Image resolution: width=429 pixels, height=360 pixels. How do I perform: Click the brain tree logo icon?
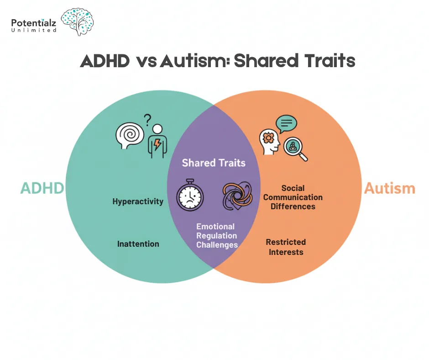point(77,21)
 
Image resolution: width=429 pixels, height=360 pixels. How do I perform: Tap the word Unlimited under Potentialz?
point(34,30)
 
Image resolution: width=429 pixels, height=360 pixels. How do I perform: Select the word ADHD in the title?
point(105,61)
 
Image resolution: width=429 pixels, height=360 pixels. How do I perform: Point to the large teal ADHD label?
point(42,188)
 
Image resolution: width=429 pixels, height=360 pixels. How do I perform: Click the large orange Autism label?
point(389,188)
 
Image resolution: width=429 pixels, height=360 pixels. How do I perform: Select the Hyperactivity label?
point(138,201)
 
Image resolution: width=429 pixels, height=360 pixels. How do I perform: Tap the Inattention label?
point(138,244)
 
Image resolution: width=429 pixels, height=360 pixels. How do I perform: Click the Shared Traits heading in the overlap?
point(214,163)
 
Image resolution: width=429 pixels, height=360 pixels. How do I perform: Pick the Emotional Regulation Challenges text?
point(217,236)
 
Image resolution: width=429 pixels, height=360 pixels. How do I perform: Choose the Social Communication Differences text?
point(293,197)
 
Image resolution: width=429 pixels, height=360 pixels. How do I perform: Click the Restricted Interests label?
point(286,247)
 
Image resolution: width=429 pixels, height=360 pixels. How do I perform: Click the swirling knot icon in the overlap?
point(237,196)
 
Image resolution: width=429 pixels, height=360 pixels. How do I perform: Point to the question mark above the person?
point(147,120)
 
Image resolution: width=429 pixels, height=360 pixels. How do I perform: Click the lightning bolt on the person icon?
point(157,145)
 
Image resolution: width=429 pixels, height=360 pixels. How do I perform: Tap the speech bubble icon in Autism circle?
point(286,123)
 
